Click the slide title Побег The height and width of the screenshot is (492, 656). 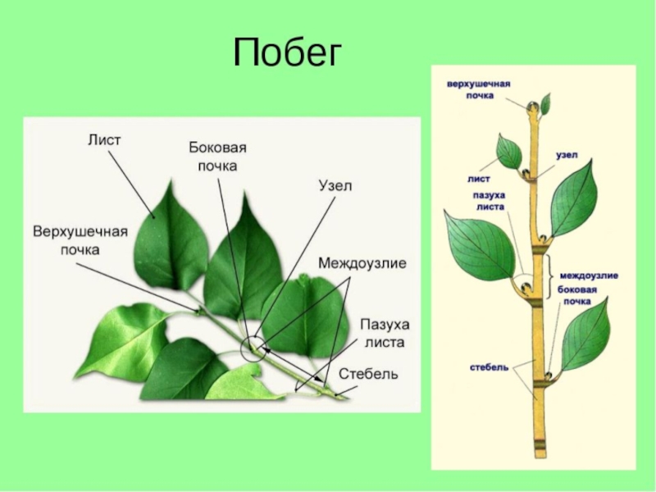click(x=286, y=55)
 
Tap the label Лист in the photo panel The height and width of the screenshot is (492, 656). click(x=104, y=140)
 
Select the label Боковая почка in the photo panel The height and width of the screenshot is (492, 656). click(x=217, y=156)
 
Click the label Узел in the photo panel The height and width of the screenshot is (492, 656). click(x=335, y=186)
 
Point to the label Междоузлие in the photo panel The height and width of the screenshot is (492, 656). click(x=362, y=264)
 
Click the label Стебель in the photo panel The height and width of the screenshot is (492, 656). click(x=369, y=375)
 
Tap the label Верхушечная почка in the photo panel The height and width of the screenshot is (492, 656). click(x=80, y=239)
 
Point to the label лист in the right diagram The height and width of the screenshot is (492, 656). click(x=480, y=177)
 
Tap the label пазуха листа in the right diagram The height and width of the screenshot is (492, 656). click(x=489, y=202)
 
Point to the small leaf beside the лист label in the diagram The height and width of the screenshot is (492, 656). click(x=509, y=152)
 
